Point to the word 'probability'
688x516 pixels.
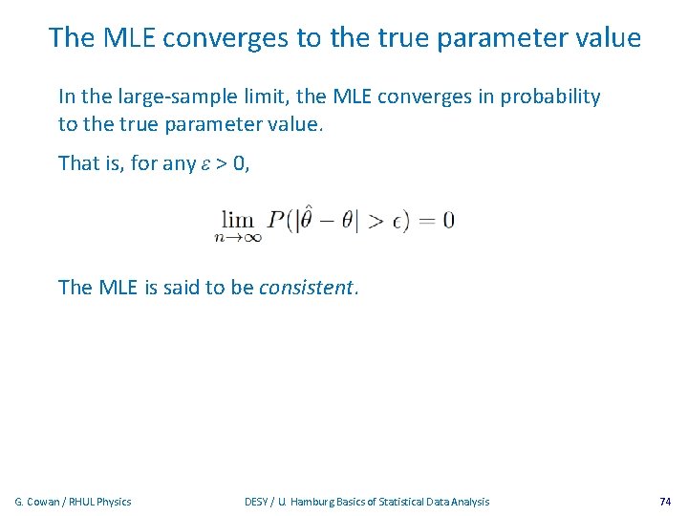click(x=549, y=97)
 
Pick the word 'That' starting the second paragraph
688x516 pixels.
click(x=78, y=163)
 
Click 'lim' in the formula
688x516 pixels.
click(x=238, y=220)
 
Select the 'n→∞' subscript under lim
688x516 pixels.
click(x=239, y=239)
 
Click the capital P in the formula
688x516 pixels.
click(x=276, y=221)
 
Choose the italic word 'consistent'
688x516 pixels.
click(x=307, y=288)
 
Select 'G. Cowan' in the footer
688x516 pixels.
click(x=37, y=502)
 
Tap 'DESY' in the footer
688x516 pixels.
click(x=257, y=502)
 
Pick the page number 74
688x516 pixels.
click(x=665, y=502)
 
